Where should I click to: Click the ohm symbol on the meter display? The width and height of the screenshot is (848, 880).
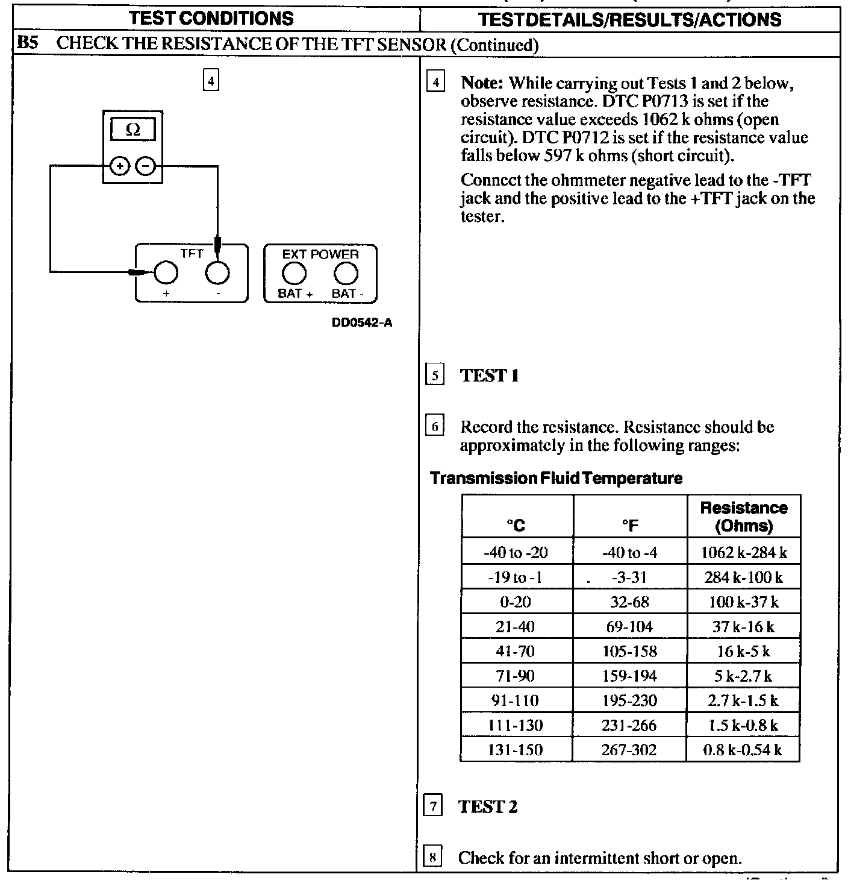132,130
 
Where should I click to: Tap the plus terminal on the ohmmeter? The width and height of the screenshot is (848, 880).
120,166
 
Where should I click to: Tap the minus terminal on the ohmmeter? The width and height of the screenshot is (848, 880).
145,166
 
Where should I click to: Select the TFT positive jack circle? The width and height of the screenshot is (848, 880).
166,273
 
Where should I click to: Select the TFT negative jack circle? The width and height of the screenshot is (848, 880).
217,273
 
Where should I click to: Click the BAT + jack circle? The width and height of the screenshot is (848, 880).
295,274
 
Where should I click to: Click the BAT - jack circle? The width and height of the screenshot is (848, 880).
346,274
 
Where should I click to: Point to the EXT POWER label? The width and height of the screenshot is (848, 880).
320,254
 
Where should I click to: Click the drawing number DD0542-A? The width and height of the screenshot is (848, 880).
362,322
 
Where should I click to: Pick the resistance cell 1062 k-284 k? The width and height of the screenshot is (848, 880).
744,552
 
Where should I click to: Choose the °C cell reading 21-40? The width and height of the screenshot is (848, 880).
516,627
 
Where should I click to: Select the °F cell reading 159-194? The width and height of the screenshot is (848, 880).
629,676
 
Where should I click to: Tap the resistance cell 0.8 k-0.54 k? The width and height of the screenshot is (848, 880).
743,750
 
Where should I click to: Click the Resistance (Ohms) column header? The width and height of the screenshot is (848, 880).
744,517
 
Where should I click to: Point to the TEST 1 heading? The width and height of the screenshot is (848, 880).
489,376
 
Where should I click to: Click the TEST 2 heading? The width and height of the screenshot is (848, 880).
488,806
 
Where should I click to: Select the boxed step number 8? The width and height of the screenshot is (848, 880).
432,857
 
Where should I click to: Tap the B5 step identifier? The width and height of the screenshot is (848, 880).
28,43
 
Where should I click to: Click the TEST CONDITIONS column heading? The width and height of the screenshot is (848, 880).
211,18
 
